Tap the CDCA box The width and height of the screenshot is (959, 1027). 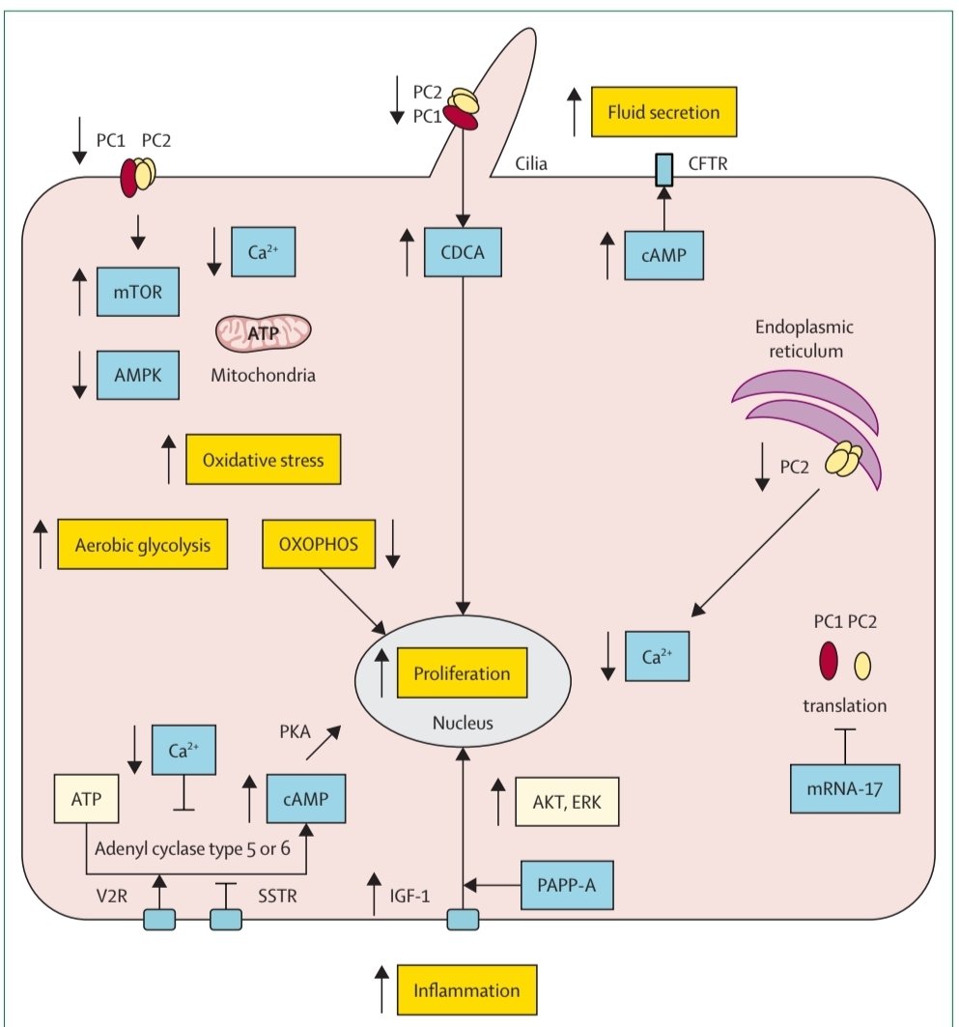(465, 255)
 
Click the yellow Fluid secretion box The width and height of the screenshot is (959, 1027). (663, 112)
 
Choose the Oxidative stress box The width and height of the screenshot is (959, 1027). (265, 459)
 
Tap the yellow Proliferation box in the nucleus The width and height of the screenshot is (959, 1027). (462, 672)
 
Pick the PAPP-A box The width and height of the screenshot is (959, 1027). (568, 883)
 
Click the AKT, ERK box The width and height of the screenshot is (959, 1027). (567, 801)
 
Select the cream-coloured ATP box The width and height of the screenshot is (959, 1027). (87, 800)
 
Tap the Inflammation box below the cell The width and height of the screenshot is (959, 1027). (466, 990)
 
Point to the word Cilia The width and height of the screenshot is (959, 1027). (530, 163)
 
